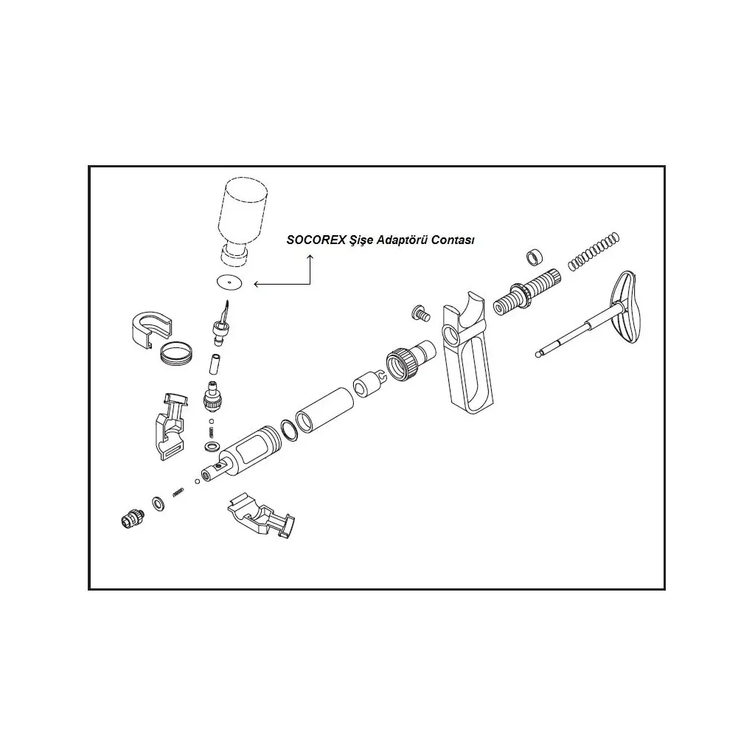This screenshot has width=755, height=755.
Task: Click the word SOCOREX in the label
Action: [316, 240]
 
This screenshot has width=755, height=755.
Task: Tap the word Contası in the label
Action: [453, 240]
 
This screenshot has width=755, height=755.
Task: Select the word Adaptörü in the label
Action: [402, 240]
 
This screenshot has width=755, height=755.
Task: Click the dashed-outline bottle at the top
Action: [242, 220]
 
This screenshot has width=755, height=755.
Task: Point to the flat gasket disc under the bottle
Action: [229, 282]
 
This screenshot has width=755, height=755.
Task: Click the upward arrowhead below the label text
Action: [310, 257]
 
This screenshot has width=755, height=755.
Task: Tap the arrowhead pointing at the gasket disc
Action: [257, 284]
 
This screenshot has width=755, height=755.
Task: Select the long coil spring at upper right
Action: [594, 251]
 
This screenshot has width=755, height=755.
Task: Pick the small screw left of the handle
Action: [421, 313]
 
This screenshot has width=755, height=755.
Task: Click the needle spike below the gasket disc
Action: [221, 323]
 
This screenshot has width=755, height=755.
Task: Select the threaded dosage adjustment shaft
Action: [526, 292]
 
